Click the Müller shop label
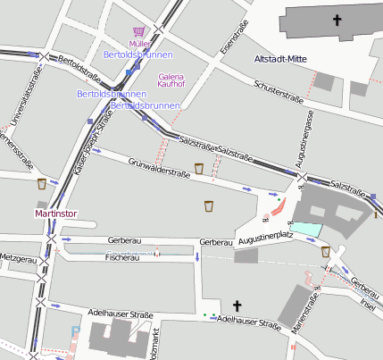click(138, 43)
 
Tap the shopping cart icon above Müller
click(138, 30)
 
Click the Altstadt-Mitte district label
click(280, 60)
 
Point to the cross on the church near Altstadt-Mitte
click(337, 20)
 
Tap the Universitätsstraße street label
click(16, 116)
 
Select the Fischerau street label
click(122, 257)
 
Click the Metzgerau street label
click(19, 257)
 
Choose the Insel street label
click(368, 301)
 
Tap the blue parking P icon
click(75, 331)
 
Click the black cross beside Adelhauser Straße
click(237, 305)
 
